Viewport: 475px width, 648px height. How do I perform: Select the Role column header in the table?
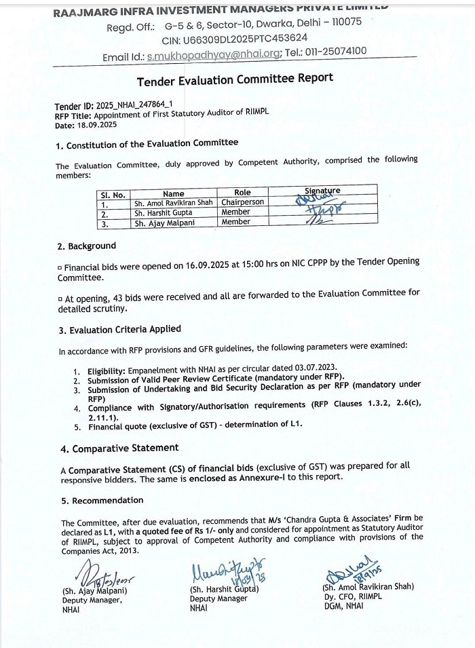(242, 193)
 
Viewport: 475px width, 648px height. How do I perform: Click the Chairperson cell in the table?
(242, 202)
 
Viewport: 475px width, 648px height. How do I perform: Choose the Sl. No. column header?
(113, 195)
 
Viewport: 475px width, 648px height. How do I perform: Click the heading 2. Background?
(86, 246)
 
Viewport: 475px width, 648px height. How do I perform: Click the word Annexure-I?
(311, 476)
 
